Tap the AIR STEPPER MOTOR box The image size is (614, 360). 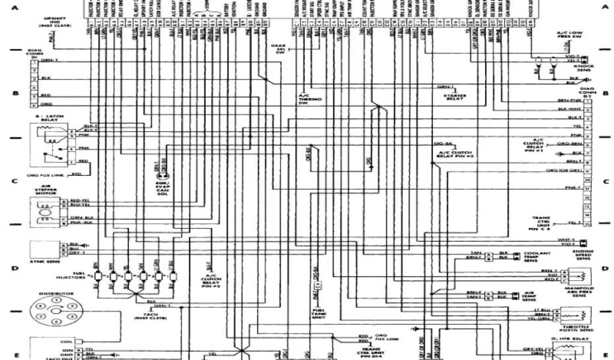pos(49,210)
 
